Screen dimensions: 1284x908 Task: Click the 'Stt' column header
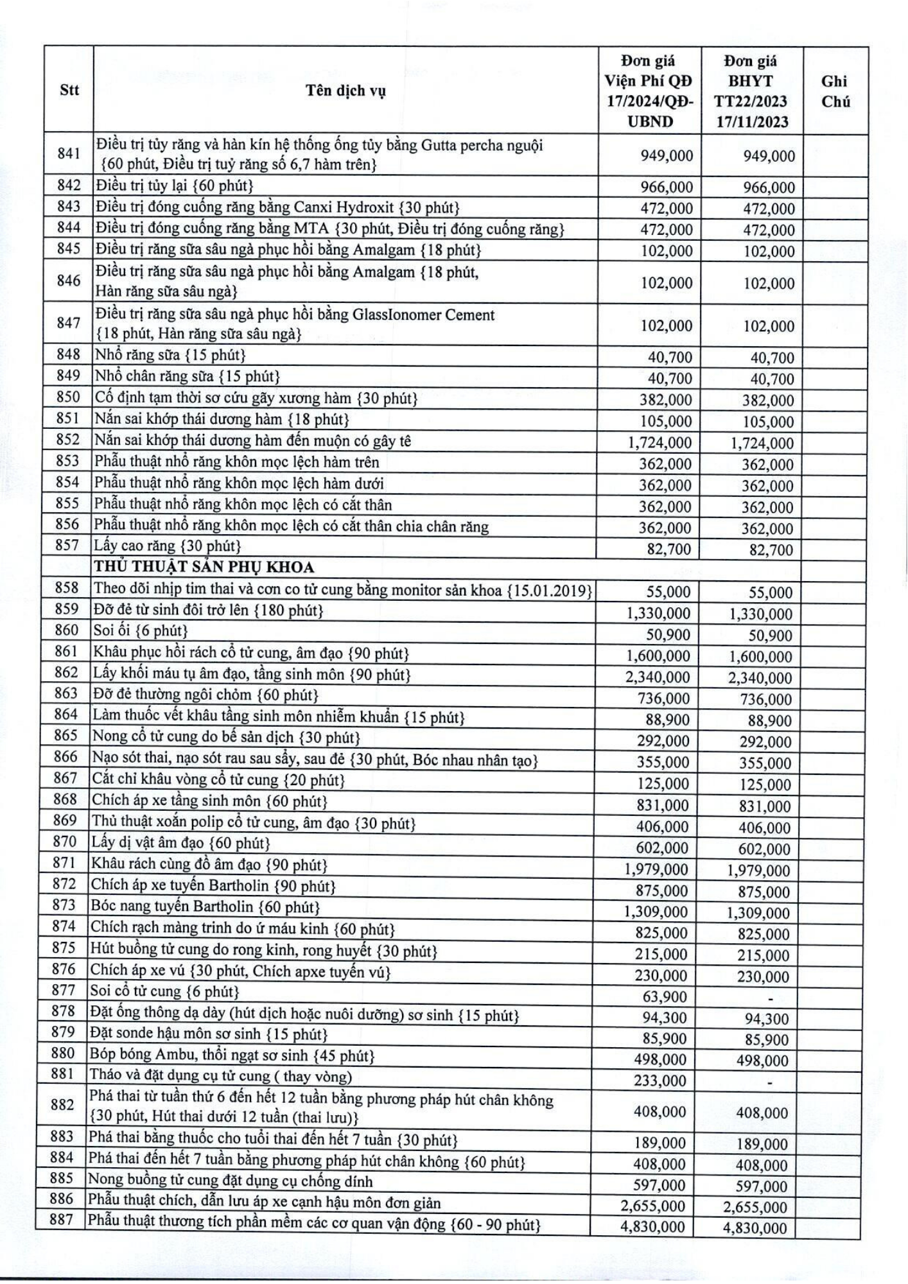pos(69,90)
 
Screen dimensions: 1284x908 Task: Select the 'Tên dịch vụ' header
pos(345,91)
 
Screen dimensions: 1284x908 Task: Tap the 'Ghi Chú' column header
pos(835,91)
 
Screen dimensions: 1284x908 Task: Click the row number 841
pos(69,154)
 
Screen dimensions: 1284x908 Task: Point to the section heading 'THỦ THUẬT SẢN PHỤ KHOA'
pos(204,567)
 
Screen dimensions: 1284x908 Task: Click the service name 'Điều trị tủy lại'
pos(174,186)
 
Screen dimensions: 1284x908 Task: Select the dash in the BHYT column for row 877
pos(770,998)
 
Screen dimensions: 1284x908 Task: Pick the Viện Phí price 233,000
pos(660,1081)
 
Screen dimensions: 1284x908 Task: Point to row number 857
pos(68,546)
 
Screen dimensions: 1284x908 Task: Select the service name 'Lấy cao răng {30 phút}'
pos(168,546)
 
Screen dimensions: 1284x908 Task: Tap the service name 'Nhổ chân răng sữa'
pos(187,376)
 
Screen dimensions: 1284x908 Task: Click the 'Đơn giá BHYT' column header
pos(751,91)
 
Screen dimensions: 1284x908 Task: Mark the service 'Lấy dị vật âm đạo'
pos(180,842)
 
